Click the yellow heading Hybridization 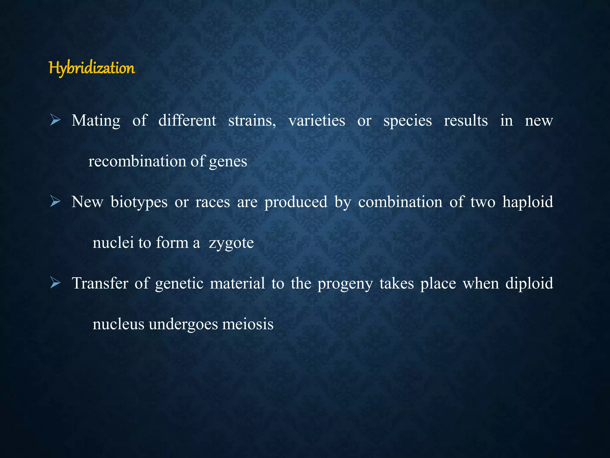[x=92, y=68]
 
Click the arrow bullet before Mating [x=55, y=120]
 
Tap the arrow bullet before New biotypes [x=55, y=202]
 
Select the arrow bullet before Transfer [x=55, y=283]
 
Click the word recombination [x=137, y=161]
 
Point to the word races [x=213, y=202]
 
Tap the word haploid [x=528, y=202]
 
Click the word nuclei [x=113, y=243]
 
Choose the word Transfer [x=100, y=283]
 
